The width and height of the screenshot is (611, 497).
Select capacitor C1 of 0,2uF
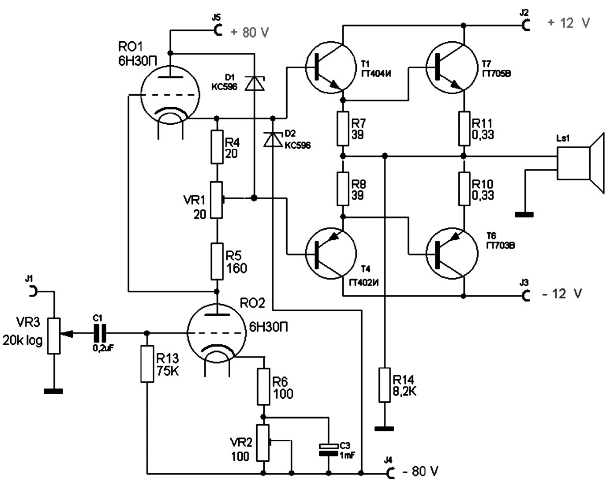[99, 334]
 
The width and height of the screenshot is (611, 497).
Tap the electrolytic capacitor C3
[328, 449]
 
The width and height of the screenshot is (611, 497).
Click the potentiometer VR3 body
[53, 336]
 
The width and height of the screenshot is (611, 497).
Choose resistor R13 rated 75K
[147, 364]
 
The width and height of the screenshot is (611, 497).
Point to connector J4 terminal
[391, 473]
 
